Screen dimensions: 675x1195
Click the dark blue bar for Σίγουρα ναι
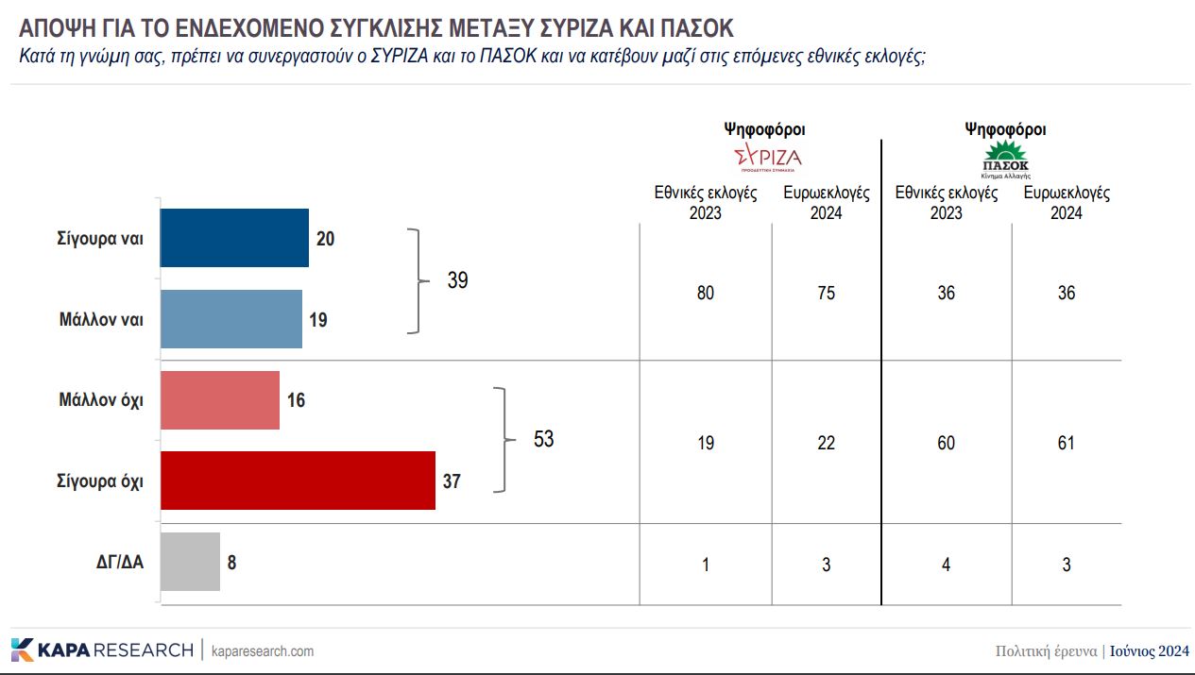click(234, 238)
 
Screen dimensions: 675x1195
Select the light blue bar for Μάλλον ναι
click(230, 319)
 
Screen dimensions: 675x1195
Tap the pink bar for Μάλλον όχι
click(220, 400)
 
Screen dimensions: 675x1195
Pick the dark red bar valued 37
click(298, 481)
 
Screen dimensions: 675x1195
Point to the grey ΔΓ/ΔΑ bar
click(190, 562)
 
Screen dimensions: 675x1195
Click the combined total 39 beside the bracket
click(457, 280)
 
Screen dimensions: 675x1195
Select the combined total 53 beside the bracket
click(543, 439)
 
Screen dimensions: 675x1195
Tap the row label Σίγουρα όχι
click(99, 481)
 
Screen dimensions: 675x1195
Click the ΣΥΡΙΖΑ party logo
click(767, 157)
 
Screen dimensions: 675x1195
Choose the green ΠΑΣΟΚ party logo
click(1006, 159)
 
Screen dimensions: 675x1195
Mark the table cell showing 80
click(706, 293)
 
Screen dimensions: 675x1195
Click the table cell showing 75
click(826, 293)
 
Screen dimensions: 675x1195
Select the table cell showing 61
click(1066, 443)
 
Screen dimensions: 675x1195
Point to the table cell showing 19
click(706, 443)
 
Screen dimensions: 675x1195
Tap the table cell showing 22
click(826, 443)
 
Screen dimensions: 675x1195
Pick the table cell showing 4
click(946, 565)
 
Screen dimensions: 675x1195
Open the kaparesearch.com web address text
click(263, 651)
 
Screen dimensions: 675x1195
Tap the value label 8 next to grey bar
click(232, 562)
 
